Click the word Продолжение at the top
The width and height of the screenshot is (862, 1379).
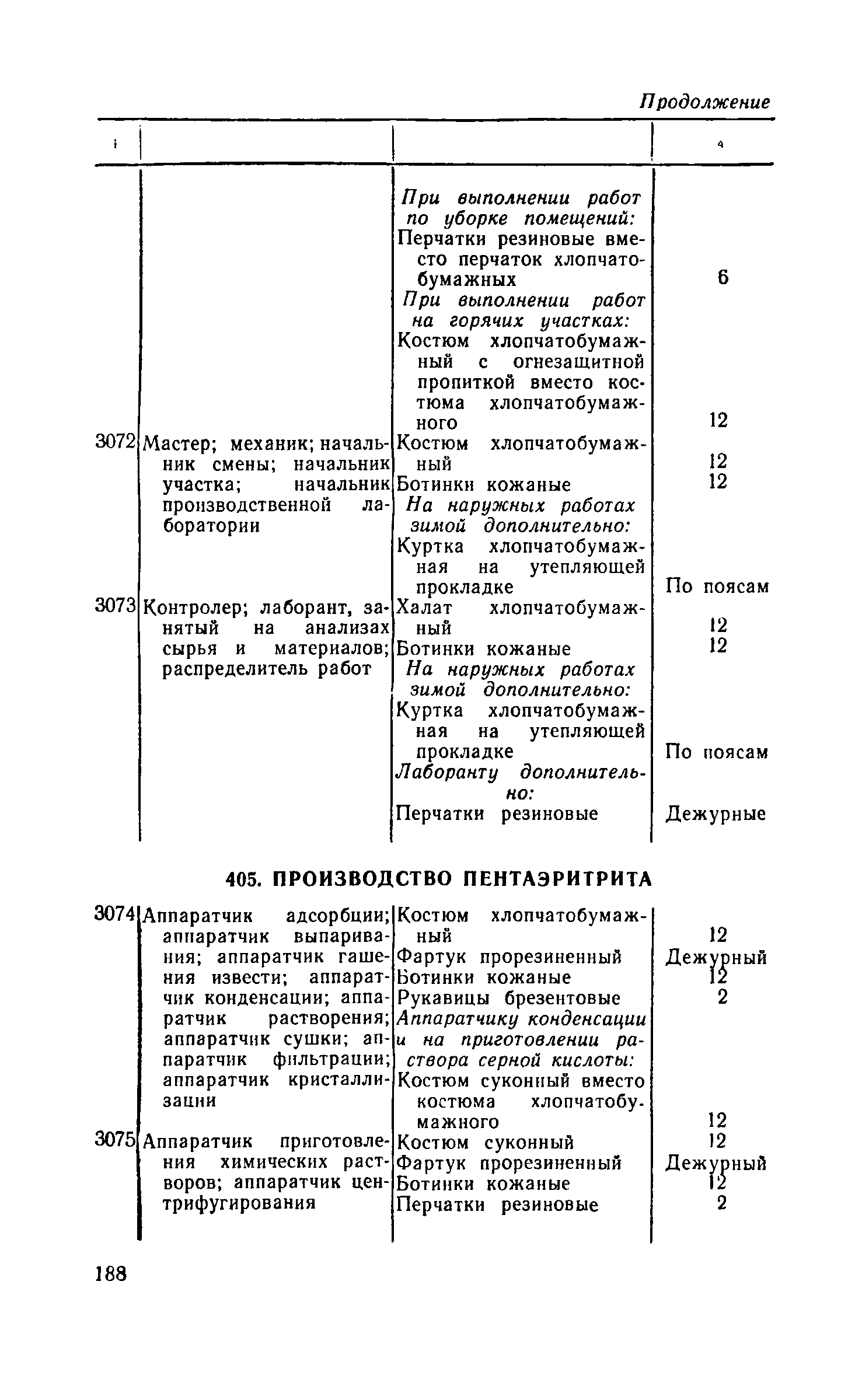click(704, 103)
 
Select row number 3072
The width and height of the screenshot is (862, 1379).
click(116, 442)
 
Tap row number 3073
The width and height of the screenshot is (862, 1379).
click(116, 606)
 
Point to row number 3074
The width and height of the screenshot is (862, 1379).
click(116, 914)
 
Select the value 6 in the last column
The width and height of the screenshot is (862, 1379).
click(723, 279)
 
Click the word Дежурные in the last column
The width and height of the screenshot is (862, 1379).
click(716, 814)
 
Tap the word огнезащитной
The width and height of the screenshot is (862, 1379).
click(578, 362)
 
